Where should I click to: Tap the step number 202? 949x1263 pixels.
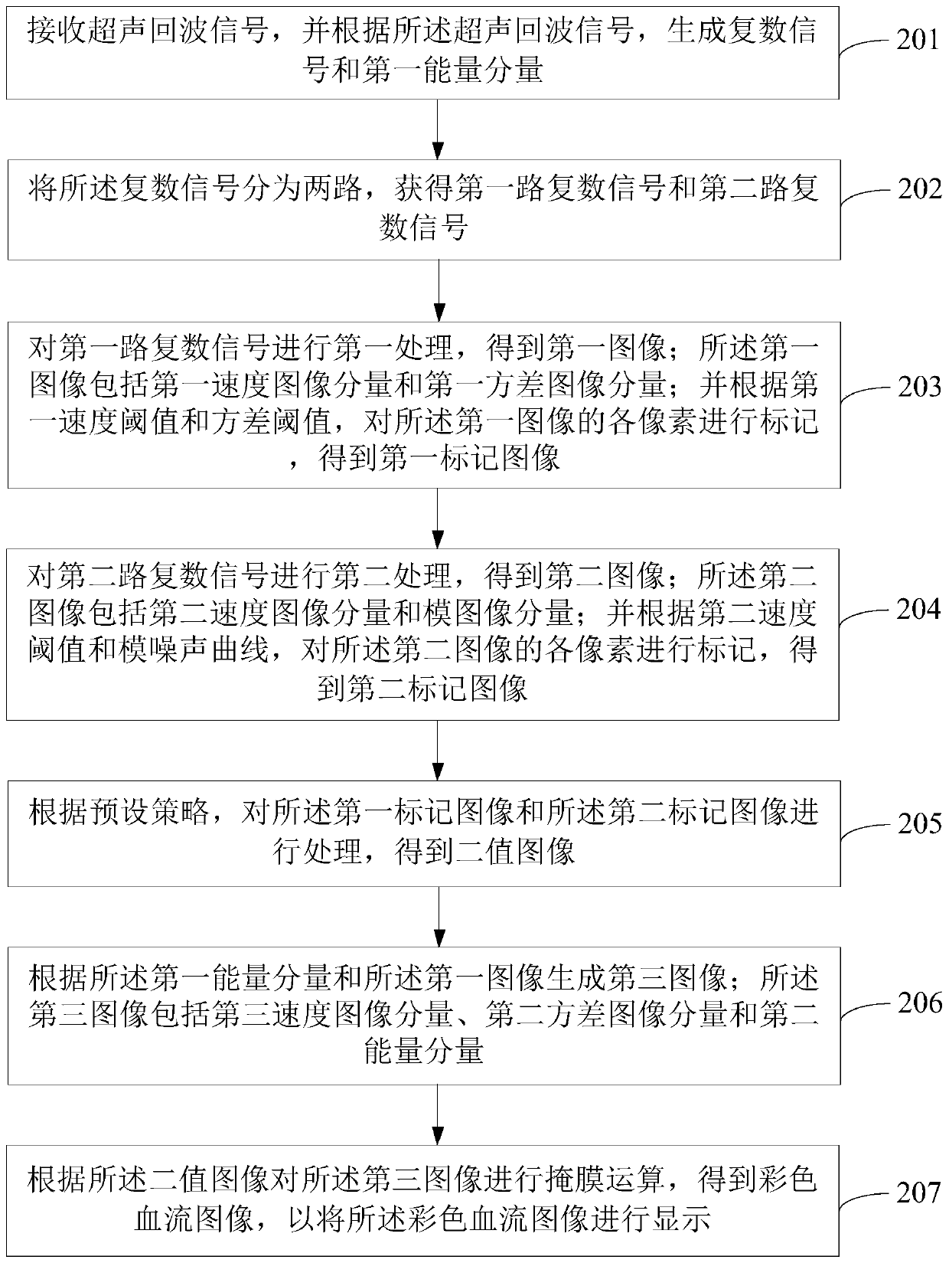918,189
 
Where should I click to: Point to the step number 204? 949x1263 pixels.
918,609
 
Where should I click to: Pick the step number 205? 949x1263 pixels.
918,823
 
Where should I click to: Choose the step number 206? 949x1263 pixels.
918,1002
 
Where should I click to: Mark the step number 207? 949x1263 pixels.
918,1192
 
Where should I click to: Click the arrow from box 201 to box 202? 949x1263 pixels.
438,129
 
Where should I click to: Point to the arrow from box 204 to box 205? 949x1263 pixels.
438,750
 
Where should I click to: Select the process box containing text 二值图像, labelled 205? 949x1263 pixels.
424,833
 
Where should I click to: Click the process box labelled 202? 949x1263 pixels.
424,209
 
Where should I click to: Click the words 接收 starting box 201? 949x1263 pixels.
58,32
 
